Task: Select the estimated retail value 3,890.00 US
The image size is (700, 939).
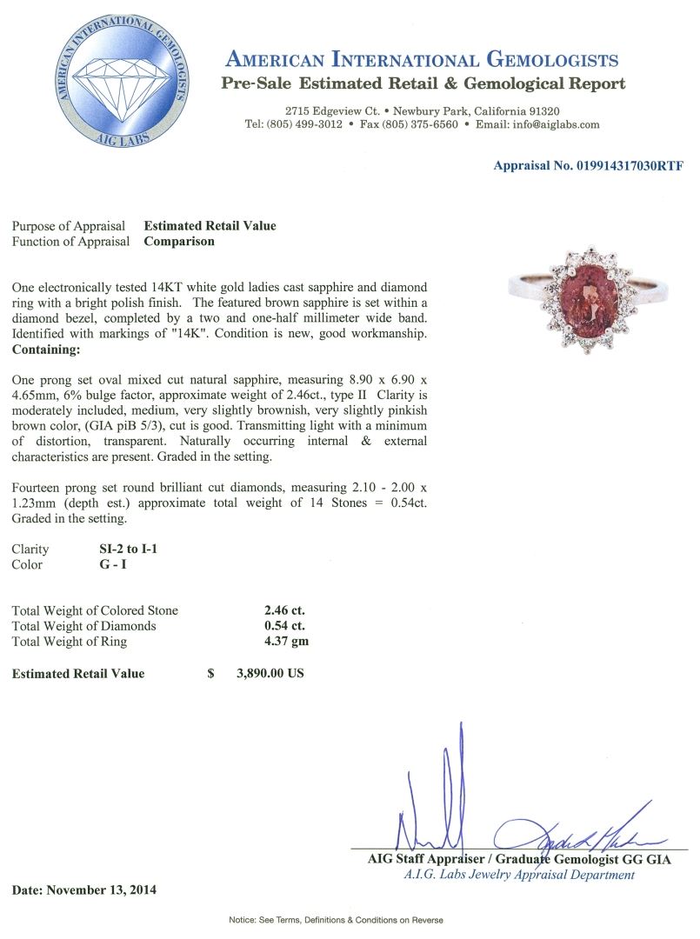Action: (x=270, y=673)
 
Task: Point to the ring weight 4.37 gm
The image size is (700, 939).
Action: (x=286, y=642)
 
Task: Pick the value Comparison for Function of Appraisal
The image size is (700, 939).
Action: (x=178, y=242)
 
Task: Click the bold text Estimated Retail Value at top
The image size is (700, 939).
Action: (x=210, y=226)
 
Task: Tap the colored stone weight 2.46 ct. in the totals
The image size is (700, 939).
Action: (x=284, y=610)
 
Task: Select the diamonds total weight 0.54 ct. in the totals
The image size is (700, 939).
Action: (x=284, y=626)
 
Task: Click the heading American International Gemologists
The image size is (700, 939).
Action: (x=422, y=60)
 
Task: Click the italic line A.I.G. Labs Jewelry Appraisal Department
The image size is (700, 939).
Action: (x=519, y=875)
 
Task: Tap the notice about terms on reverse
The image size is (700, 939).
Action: (x=336, y=920)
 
